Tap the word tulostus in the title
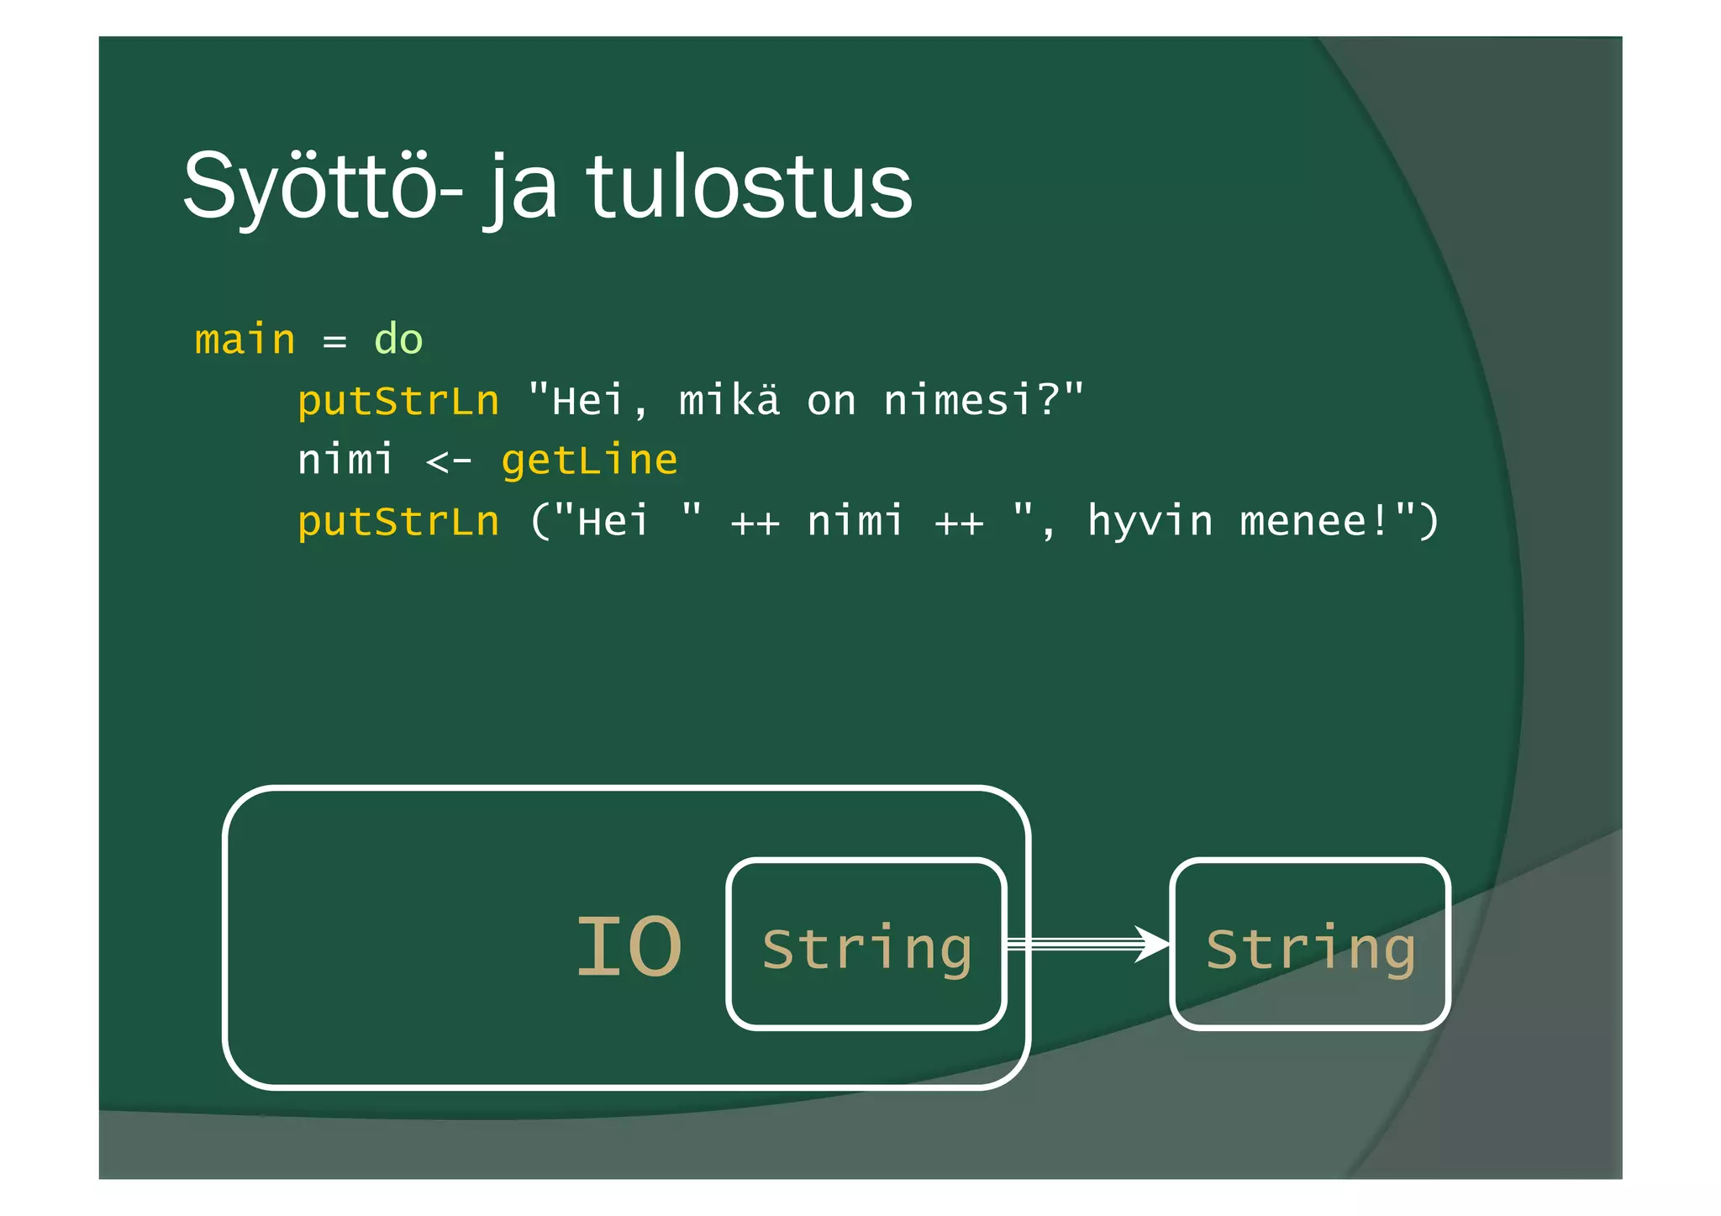pyautogui.click(x=749, y=187)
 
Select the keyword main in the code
pyautogui.click(x=245, y=340)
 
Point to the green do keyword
pyautogui.click(x=398, y=340)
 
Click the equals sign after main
pyautogui.click(x=334, y=341)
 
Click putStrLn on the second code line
pyautogui.click(x=398, y=401)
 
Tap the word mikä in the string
pyautogui.click(x=729, y=400)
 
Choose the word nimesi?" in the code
pyautogui.click(x=984, y=400)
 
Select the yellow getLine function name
pyautogui.click(x=589, y=461)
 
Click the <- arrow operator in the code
pyautogui.click(x=449, y=461)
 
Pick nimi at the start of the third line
pyautogui.click(x=345, y=460)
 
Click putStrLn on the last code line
pyautogui.click(x=398, y=521)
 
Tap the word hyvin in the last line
pyautogui.click(x=1150, y=521)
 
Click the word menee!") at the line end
pyautogui.click(x=1339, y=521)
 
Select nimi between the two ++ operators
pyautogui.click(x=855, y=521)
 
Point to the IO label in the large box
pyautogui.click(x=629, y=947)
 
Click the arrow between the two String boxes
pyautogui.click(x=1087, y=945)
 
